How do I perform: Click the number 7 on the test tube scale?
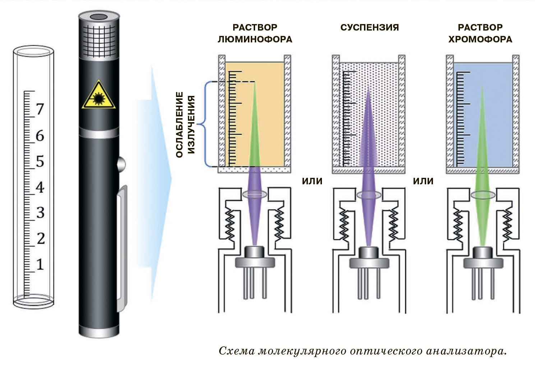40,109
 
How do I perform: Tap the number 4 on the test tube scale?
40,187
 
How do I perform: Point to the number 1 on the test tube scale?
40,264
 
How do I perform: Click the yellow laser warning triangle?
98,96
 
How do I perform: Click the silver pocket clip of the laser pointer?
122,248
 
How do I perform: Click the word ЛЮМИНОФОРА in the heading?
255,39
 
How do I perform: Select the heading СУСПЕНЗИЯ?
369,28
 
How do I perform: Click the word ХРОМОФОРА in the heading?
480,39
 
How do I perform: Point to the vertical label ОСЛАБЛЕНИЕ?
180,125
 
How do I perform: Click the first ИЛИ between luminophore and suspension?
312,181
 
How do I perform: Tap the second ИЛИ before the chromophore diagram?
423,181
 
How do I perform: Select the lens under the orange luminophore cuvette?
255,194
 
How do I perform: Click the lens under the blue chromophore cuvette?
483,195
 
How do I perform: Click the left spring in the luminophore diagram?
229,225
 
